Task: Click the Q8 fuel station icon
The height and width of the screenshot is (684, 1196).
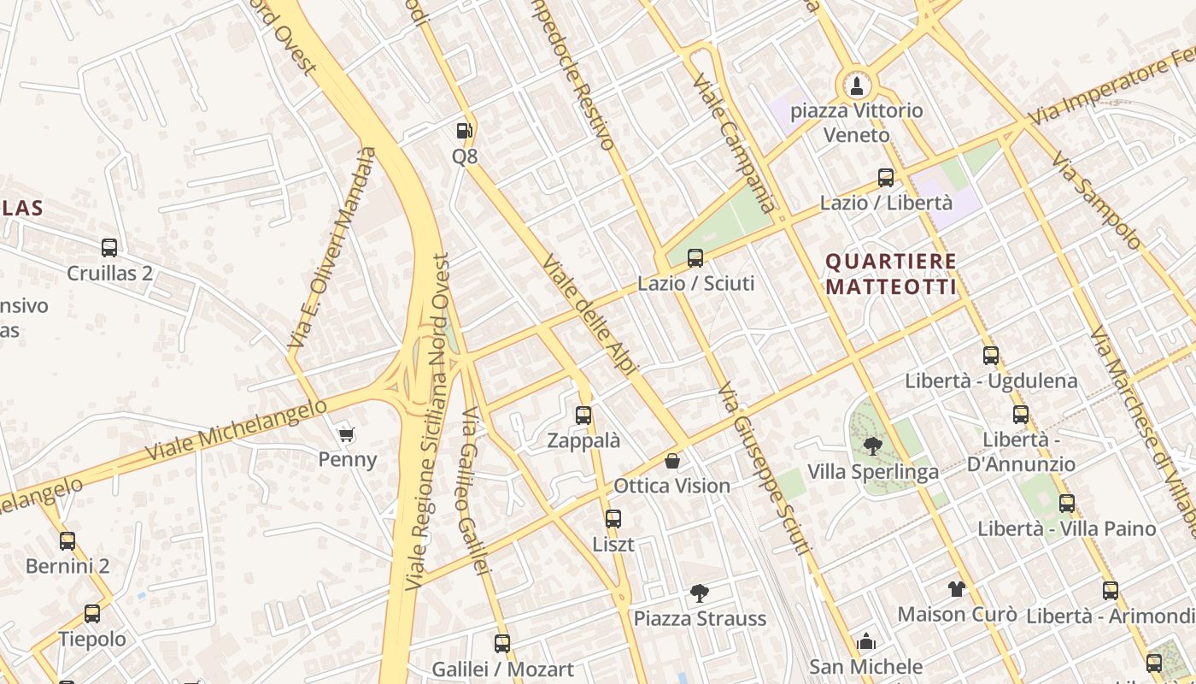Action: pos(464,131)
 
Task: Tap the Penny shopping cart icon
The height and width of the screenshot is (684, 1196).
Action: pos(346,435)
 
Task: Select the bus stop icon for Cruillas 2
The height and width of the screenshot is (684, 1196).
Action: pos(109,248)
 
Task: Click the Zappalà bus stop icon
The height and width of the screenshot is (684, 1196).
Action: pos(583,416)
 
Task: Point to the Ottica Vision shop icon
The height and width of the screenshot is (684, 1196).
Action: pos(672,461)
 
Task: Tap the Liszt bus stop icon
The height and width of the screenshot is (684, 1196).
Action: pos(613,518)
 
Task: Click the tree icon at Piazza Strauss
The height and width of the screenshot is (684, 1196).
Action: pos(699,593)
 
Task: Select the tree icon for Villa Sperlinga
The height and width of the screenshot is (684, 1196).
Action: pos(872,445)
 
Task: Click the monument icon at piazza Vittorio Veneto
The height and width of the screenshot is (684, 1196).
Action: pos(857,85)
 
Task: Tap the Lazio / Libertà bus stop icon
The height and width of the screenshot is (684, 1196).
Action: pos(886,178)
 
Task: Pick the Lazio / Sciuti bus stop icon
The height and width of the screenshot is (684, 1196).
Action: pos(695,257)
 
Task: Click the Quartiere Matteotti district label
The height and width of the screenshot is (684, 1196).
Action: pos(891,274)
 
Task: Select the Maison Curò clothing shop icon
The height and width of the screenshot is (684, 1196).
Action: pos(956,588)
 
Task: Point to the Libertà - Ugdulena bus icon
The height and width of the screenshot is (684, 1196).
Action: pos(991,355)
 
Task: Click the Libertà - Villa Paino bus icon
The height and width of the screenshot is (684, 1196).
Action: pos(1067,504)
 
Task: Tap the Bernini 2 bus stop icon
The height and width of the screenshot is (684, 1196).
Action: pos(67,540)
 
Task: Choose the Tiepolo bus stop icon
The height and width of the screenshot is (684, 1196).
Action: pos(91,613)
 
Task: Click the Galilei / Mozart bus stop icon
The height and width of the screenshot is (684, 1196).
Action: pos(502,643)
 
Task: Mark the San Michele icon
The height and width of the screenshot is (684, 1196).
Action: pos(866,641)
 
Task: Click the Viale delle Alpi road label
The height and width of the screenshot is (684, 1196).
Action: pos(590,316)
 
